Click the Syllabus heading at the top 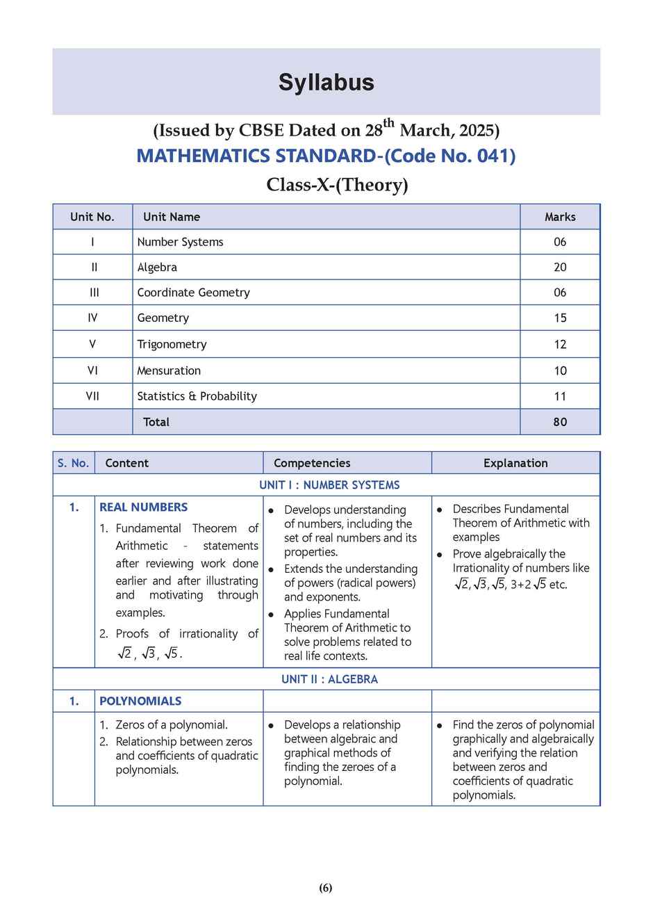pos(326,82)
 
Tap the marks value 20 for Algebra pos(560,267)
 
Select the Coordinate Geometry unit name pos(193,293)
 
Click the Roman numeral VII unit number pos(92,396)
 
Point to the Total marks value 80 pos(560,422)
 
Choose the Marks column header pos(560,217)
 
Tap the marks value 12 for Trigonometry pos(560,344)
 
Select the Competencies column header pos(312,463)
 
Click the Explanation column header pos(515,463)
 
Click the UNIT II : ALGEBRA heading pos(329,679)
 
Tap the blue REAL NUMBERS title pos(143,507)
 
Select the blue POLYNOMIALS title pos(140,701)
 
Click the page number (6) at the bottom pos(326,888)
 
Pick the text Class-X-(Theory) pos(337,185)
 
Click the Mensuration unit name pos(169,371)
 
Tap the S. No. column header pos(73,463)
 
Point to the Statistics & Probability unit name pos(197,396)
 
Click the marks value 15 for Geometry pos(560,318)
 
